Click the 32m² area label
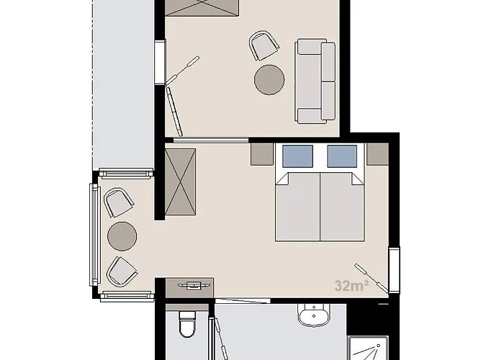click(x=351, y=285)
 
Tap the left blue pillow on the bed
click(x=297, y=156)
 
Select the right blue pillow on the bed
click(x=342, y=156)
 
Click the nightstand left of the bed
click(x=262, y=154)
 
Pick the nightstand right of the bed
click(x=378, y=154)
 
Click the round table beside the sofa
click(x=269, y=80)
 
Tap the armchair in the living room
click(x=264, y=45)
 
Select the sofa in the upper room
click(x=315, y=81)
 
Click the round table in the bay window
click(x=122, y=236)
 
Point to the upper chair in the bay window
click(x=119, y=202)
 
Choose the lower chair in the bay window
click(x=122, y=271)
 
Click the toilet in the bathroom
click(x=187, y=324)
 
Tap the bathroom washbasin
click(x=314, y=315)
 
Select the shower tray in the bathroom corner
click(x=369, y=348)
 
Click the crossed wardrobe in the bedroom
click(x=180, y=182)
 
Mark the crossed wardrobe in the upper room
click(x=202, y=8)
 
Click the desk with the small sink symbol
click(x=189, y=288)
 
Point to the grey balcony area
click(x=123, y=84)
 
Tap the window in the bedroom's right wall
click(x=394, y=270)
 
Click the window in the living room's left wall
click(x=160, y=62)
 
